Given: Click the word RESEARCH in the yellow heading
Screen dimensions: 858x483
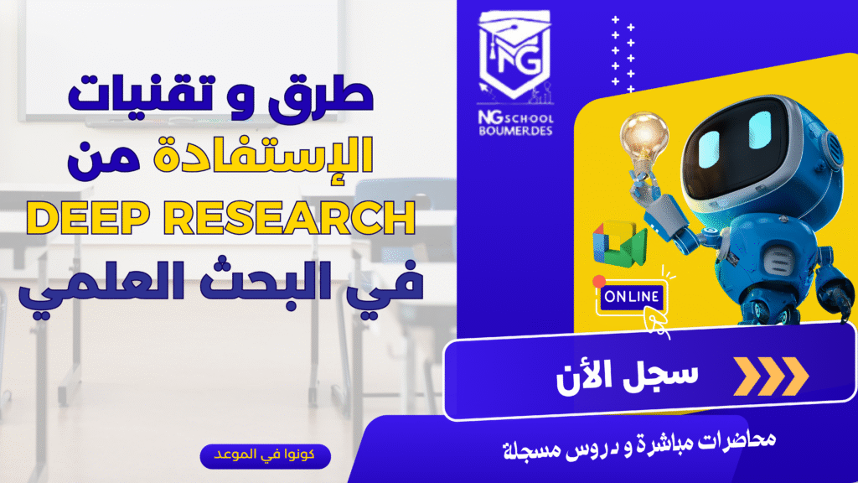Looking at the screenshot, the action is [x=289, y=217].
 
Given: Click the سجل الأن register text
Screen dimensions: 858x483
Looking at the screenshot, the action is [x=627, y=377].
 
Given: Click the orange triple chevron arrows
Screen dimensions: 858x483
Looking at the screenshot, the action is [x=771, y=377].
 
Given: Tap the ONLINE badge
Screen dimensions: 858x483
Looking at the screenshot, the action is [x=632, y=297].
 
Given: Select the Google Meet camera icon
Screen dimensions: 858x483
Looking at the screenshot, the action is [x=620, y=244].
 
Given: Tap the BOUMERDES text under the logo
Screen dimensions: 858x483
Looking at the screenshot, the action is [x=515, y=131].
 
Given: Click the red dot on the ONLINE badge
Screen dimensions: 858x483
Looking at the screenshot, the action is [x=599, y=281].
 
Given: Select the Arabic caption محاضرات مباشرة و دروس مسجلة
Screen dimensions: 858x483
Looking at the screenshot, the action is [x=639, y=446].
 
